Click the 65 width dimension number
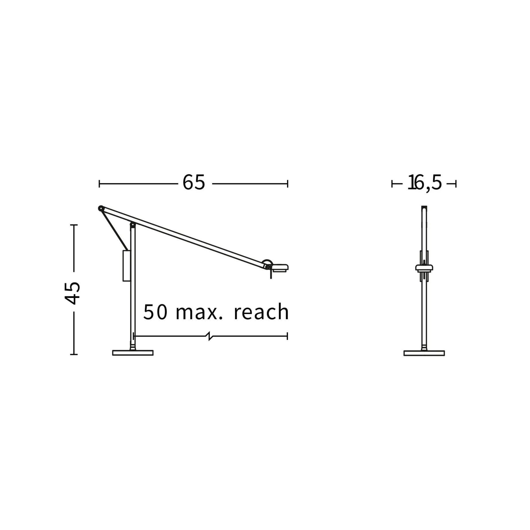194,182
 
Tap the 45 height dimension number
72,293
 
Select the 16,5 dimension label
424,183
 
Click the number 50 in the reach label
155,312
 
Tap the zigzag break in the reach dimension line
211,336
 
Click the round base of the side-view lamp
133,353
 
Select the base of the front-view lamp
424,353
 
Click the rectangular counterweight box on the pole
126,266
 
